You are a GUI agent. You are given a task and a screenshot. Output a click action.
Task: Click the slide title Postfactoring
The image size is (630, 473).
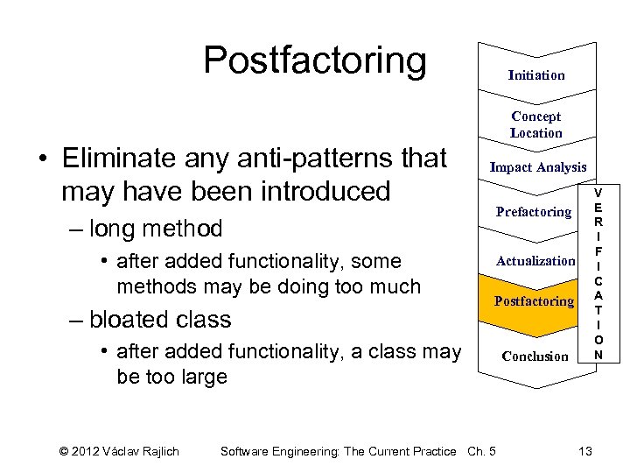(315, 61)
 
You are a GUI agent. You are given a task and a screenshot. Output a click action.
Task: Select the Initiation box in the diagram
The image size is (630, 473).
(536, 75)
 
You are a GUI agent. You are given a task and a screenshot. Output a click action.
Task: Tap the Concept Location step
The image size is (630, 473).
(536, 124)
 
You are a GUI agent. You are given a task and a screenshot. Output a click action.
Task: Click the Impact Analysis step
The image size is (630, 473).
(537, 166)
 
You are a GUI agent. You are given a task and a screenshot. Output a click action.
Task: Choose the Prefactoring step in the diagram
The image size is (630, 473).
(533, 211)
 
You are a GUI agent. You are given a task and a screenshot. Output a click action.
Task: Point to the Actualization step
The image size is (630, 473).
(535, 260)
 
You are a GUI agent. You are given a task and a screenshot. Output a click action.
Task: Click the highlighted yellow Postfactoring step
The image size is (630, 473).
(534, 300)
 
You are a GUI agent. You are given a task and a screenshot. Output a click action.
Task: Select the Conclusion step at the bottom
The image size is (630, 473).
(535, 356)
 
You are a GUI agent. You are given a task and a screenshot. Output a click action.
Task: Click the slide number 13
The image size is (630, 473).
(585, 450)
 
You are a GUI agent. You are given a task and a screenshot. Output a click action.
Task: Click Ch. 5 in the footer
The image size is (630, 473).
(481, 451)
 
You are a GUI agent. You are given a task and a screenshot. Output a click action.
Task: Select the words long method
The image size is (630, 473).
(156, 229)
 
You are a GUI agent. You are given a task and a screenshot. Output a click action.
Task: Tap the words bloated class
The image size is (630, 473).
(160, 319)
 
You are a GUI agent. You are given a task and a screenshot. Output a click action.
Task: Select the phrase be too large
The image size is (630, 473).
(171, 377)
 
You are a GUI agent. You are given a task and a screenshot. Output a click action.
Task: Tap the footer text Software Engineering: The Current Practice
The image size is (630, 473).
(339, 451)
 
